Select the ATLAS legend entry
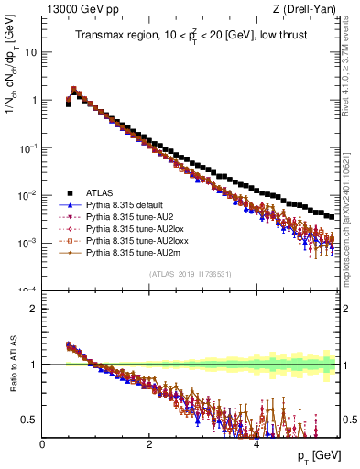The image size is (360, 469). pyautogui.click(x=101, y=192)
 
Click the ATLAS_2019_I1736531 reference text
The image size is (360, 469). pyautogui.click(x=191, y=274)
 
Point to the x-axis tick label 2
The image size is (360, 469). pyautogui.click(x=149, y=443)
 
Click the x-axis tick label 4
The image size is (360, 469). pyautogui.click(x=256, y=443)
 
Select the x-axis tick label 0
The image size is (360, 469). pyautogui.click(x=42, y=443)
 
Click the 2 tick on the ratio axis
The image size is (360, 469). pyautogui.click(x=34, y=309)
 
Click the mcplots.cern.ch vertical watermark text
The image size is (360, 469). pyautogui.click(x=352, y=211)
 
